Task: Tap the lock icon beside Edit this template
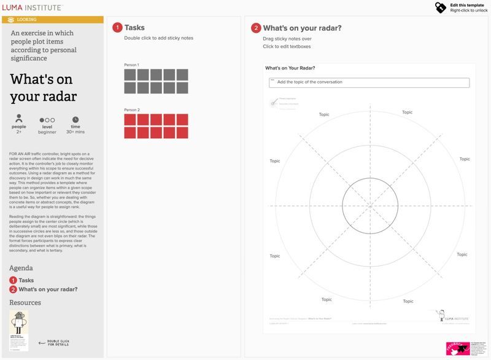point(441,7)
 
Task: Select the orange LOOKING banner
point(52,20)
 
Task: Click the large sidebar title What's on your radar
point(44,88)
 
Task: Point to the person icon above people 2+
point(19,119)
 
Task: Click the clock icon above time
point(75,119)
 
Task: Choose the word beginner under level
point(47,132)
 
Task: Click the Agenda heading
point(21,268)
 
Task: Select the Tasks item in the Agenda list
point(26,280)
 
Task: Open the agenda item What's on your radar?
point(47,289)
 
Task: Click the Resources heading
point(25,302)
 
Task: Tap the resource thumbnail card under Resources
point(19,331)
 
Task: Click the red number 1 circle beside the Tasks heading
point(117,28)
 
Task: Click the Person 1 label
point(131,65)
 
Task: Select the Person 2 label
point(131,109)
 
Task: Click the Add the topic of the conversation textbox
point(369,82)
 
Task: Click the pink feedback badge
point(457,348)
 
